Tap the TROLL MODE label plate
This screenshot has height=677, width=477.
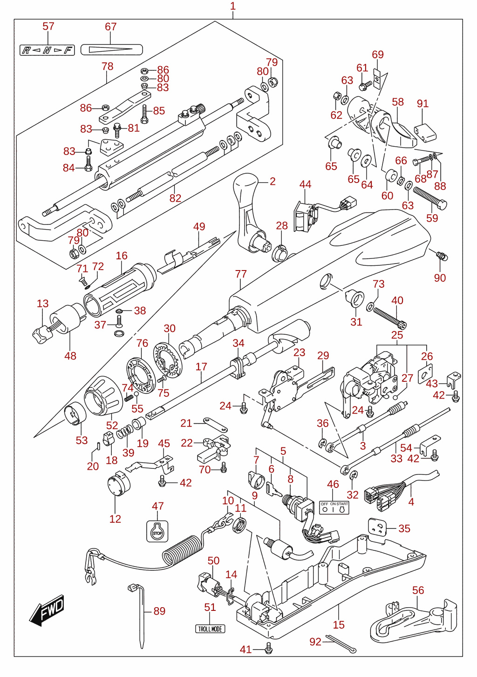[x=210, y=629]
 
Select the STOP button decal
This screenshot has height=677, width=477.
[x=157, y=531]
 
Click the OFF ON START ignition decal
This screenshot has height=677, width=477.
[x=334, y=508]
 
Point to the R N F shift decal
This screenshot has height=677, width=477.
[x=47, y=50]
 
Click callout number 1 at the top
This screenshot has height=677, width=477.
[x=233, y=6]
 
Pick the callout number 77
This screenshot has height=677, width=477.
[x=241, y=274]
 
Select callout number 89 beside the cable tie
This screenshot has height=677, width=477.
[x=159, y=611]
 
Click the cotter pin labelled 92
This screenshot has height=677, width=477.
[x=341, y=644]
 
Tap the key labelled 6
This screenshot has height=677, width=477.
[x=274, y=490]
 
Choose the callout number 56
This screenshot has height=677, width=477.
[x=418, y=590]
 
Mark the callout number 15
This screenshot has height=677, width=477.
[x=339, y=624]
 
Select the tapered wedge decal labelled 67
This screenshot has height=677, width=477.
[x=111, y=49]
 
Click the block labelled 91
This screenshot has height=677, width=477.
[x=425, y=133]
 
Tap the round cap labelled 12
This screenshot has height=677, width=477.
[x=118, y=483]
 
